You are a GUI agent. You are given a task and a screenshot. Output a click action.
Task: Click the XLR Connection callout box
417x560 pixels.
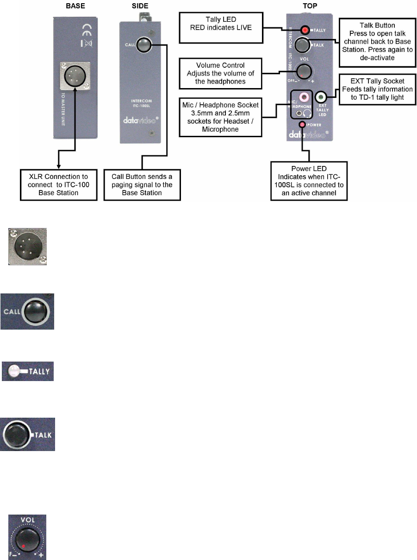point(58,185)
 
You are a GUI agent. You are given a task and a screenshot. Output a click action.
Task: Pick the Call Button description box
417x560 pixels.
point(142,185)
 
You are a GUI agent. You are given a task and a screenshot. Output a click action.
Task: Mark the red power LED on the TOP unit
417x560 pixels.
point(302,125)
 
